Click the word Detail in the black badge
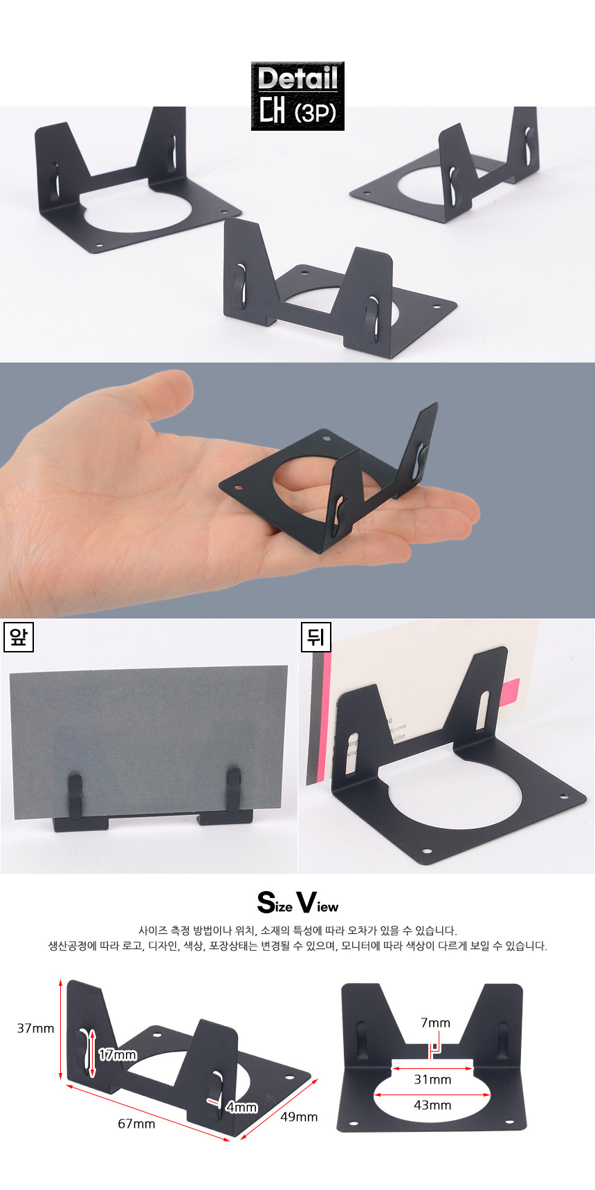click(x=297, y=78)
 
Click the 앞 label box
click(x=18, y=637)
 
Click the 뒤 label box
click(x=315, y=637)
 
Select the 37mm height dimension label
click(x=35, y=1028)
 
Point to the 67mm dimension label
click(x=136, y=1124)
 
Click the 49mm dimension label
click(x=299, y=1117)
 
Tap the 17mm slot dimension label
click(x=117, y=1055)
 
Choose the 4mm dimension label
click(x=241, y=1107)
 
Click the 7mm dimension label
click(x=435, y=1023)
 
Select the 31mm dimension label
click(x=432, y=1079)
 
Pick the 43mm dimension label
click(x=432, y=1105)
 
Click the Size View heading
click(x=297, y=903)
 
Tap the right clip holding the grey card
click(x=234, y=792)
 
